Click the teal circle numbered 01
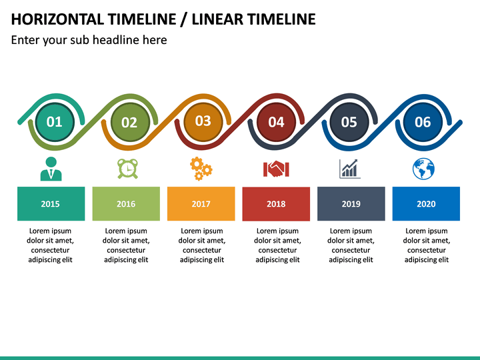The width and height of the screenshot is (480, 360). [x=54, y=122]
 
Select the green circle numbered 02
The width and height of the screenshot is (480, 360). [x=129, y=122]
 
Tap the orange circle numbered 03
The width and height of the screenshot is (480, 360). [x=203, y=121]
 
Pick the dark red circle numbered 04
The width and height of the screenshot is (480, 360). [x=276, y=122]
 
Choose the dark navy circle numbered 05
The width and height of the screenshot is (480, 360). [x=349, y=122]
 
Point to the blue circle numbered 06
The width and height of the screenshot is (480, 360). [x=423, y=122]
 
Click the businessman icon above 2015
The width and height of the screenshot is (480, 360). [x=51, y=169]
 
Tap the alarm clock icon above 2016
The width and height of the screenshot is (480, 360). [x=126, y=169]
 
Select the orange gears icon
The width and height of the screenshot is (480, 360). [x=201, y=169]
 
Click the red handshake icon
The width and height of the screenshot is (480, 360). [x=276, y=169]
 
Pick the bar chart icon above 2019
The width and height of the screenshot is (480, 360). [x=350, y=169]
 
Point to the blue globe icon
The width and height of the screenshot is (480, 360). [x=423, y=169]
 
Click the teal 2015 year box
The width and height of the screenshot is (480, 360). [x=51, y=203]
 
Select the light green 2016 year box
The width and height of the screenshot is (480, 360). [x=126, y=203]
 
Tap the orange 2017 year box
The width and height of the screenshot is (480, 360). [x=201, y=203]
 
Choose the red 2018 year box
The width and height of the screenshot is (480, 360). [x=276, y=203]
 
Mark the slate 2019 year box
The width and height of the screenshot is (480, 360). [x=351, y=203]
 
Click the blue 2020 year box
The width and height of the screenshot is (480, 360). [x=426, y=203]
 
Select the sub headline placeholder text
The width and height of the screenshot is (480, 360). [x=89, y=40]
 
